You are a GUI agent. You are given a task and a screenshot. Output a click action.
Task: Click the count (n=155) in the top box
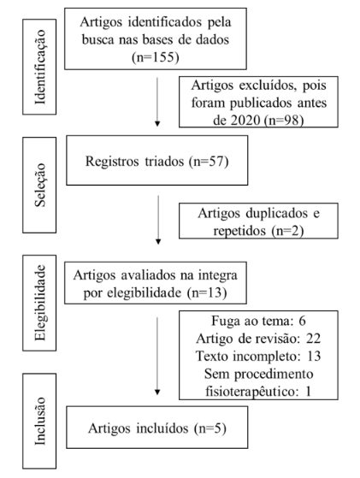pyautogui.click(x=156, y=57)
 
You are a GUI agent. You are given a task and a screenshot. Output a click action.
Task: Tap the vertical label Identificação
pyautogui.click(x=40, y=67)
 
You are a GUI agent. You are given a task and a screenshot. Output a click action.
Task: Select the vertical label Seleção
pyautogui.click(x=40, y=185)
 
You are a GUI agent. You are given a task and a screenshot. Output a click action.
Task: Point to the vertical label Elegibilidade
pyautogui.click(x=40, y=303)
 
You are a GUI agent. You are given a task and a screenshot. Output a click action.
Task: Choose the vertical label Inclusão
pyautogui.click(x=40, y=421)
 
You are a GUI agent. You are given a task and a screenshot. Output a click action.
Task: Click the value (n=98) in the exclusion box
pyautogui.click(x=284, y=121)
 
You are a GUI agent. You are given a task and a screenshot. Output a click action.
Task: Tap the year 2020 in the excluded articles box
pyautogui.click(x=245, y=121)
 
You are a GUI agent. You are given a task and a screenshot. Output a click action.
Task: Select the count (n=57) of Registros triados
pyautogui.click(x=209, y=161)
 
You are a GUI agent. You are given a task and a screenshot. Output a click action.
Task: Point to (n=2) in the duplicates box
pyautogui.click(x=287, y=231)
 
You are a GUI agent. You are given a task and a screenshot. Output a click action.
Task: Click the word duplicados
pyautogui.click(x=277, y=213)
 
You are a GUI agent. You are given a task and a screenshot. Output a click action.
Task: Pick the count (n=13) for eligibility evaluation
pyautogui.click(x=207, y=292)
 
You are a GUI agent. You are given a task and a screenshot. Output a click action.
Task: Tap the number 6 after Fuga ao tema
pyautogui.click(x=302, y=321)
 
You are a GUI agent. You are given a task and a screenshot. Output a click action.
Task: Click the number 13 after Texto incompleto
pyautogui.click(x=314, y=356)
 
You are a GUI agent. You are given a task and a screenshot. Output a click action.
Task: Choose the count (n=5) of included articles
pyautogui.click(x=210, y=428)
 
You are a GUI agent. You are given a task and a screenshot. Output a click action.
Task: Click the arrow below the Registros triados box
pyautogui.click(x=158, y=220)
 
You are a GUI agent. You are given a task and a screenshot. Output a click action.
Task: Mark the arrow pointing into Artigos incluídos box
pyautogui.click(x=157, y=356)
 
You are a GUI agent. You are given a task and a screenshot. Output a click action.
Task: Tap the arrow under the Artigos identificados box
pyautogui.click(x=157, y=102)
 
